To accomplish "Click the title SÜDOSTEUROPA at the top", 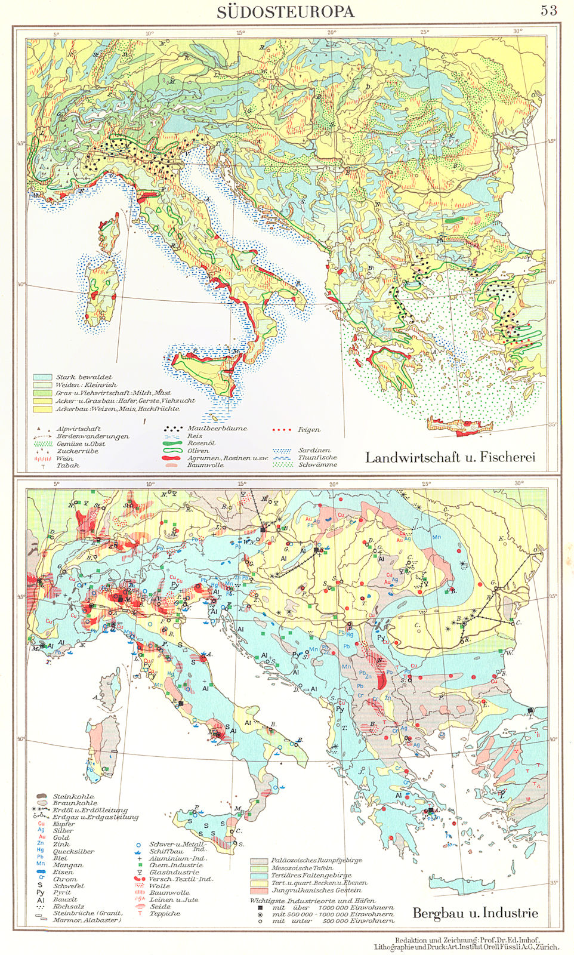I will tap(285, 11).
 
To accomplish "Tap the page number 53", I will tap(548, 10).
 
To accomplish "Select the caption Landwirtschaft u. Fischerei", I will tap(450, 457).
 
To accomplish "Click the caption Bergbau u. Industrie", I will tap(475, 913).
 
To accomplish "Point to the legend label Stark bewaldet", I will tap(84, 377).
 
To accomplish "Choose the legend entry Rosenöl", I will tap(201, 443).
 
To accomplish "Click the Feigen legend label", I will tap(308, 430).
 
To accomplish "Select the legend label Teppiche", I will tap(164, 913).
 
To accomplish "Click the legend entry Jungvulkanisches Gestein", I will tap(316, 890).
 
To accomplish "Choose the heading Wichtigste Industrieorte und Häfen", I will tap(313, 900).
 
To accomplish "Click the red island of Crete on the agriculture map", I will tap(460, 424).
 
